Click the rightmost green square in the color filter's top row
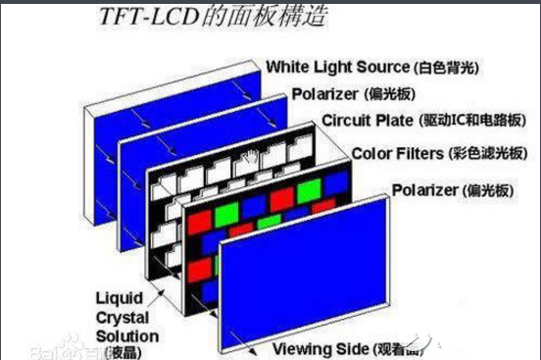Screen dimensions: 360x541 [310, 187]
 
